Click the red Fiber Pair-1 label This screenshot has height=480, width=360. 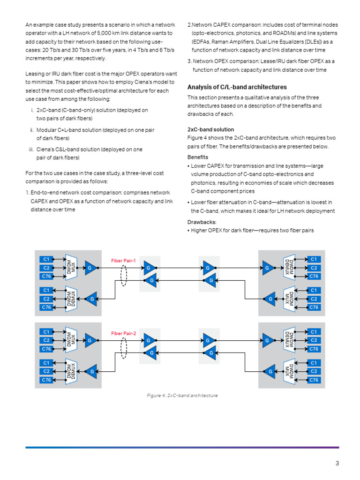[123, 260]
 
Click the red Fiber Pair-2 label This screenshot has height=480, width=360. [123, 333]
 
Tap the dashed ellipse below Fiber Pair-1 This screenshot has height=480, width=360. [124, 276]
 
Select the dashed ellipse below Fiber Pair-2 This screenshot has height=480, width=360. [124, 348]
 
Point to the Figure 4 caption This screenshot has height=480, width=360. [182, 396]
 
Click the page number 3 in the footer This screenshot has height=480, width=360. [337, 464]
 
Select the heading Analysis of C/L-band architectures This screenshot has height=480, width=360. [237, 87]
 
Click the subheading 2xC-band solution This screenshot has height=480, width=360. [210, 129]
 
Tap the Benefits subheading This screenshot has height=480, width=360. [198, 157]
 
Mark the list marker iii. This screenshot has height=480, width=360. [31, 150]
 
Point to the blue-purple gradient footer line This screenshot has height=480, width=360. [182, 447]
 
